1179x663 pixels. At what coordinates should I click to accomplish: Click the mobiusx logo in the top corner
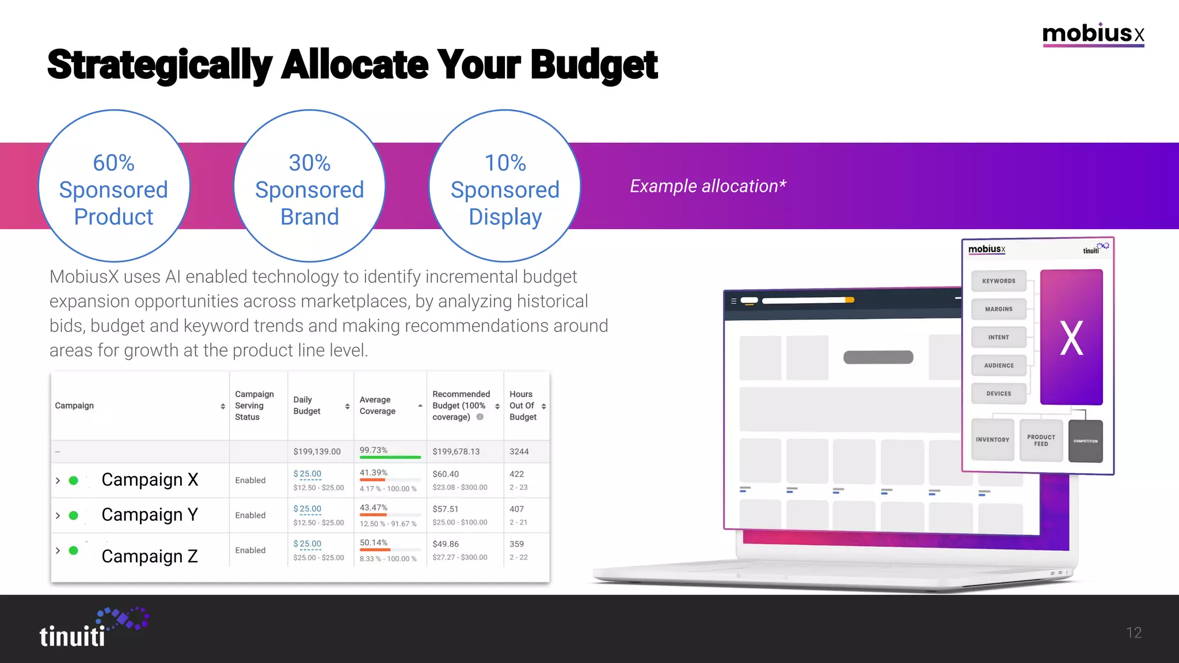click(x=1093, y=35)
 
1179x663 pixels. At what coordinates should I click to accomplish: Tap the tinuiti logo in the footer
click(x=92, y=628)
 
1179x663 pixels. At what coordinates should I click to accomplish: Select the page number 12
click(x=1134, y=633)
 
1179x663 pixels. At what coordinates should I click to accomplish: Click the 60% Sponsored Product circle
click(x=114, y=186)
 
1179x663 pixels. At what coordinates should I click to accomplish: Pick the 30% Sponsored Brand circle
click(x=310, y=186)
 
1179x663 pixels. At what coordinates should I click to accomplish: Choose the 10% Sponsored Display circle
click(x=505, y=186)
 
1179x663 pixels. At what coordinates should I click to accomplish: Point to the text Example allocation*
click(x=708, y=186)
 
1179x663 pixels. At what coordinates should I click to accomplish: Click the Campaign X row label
click(x=150, y=479)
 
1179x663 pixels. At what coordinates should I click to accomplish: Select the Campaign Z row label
click(x=150, y=556)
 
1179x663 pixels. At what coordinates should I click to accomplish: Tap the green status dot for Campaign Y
click(x=74, y=516)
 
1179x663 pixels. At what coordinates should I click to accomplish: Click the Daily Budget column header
click(x=307, y=405)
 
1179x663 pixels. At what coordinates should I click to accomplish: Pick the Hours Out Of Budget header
click(x=523, y=405)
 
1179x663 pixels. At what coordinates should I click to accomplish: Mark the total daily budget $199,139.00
click(x=317, y=452)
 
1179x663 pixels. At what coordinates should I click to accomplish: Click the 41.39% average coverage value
click(x=374, y=473)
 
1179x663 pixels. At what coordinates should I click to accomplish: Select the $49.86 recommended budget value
click(x=446, y=544)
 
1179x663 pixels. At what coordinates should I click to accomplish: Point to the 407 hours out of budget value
click(x=516, y=509)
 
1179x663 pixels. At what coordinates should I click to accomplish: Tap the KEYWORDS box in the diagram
click(x=999, y=281)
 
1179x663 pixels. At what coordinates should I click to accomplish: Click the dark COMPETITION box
click(x=1085, y=441)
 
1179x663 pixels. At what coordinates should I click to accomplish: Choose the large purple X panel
click(x=1071, y=337)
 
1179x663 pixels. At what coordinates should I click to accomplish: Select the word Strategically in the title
click(x=160, y=64)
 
